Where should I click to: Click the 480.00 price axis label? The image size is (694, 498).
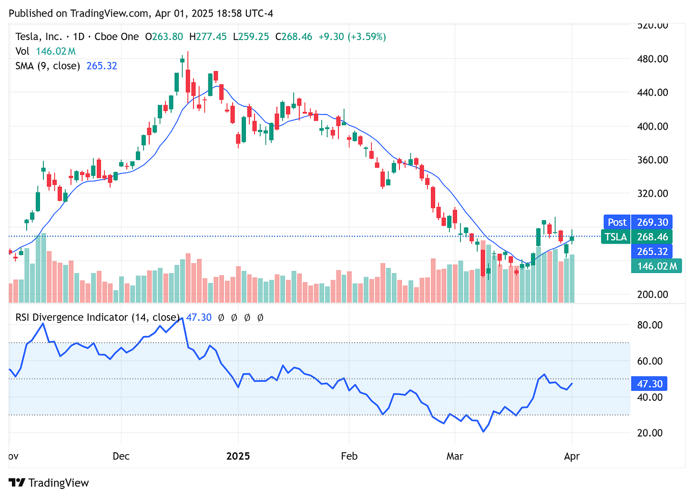(653, 59)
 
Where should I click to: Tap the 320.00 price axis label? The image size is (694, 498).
(653, 193)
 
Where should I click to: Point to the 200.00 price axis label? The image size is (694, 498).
(653, 295)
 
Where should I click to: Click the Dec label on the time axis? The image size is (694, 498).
(121, 456)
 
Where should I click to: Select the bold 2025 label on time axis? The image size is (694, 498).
(238, 456)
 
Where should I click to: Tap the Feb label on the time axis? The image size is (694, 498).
(349, 456)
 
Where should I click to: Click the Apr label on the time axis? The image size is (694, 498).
(572, 456)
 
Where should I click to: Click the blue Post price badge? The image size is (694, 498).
(617, 222)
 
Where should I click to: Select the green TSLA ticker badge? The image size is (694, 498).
(616, 237)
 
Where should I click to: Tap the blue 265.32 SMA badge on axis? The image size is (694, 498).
(652, 251)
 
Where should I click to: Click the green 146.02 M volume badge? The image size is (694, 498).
(656, 266)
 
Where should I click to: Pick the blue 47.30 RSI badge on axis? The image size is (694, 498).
(650, 384)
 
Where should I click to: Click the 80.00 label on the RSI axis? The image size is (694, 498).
(650, 325)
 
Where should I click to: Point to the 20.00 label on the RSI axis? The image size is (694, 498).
(650, 433)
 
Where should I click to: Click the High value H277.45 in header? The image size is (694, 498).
(208, 37)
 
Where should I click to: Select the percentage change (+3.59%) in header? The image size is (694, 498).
(367, 37)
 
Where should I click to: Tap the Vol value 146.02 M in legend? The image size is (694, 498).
(56, 51)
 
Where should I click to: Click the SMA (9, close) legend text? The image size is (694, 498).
(48, 66)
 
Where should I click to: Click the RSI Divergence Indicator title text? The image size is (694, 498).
(97, 317)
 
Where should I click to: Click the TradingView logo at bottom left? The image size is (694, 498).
(49, 483)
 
